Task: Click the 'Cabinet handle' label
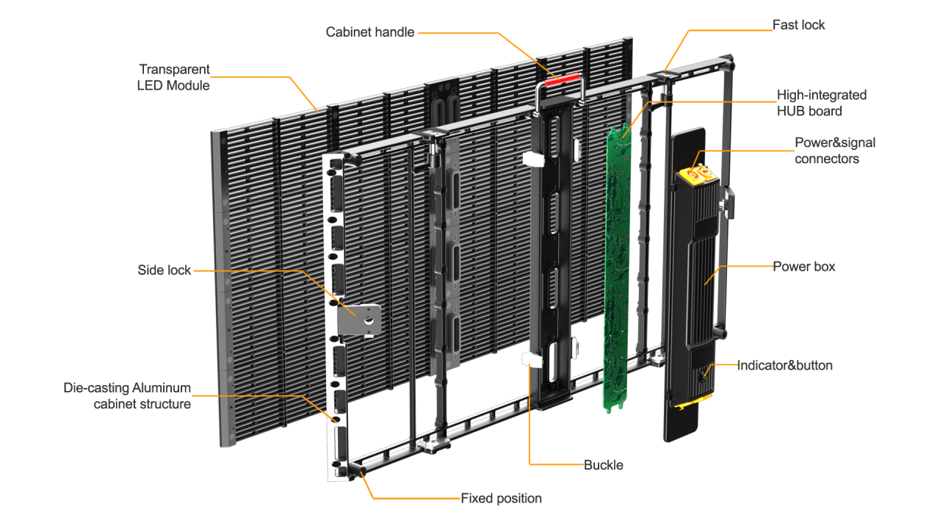click(x=370, y=32)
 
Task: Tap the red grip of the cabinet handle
click(x=562, y=78)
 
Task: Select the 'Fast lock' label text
click(x=798, y=25)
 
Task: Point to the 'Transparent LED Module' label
click(x=174, y=77)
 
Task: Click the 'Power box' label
click(x=803, y=266)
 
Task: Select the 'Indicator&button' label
click(x=784, y=365)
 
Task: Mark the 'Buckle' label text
click(x=604, y=464)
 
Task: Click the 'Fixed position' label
click(x=501, y=498)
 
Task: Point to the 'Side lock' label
click(x=164, y=270)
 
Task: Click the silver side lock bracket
click(x=359, y=319)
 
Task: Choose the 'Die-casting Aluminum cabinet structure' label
click(x=127, y=395)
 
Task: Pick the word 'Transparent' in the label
click(x=174, y=69)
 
